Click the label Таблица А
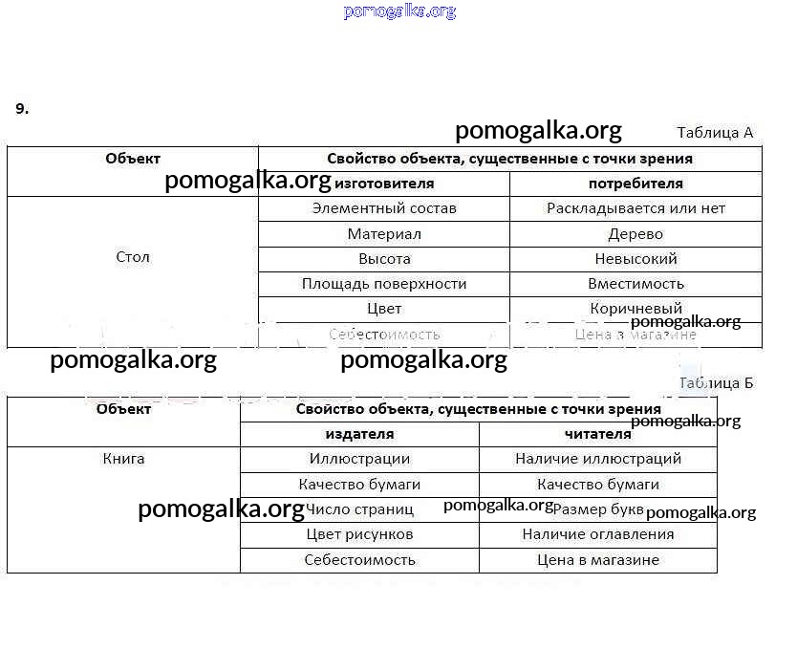[x=715, y=133]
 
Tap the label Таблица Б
[x=716, y=383]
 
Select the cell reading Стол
[x=133, y=257]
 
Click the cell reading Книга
[x=124, y=459]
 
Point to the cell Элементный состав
[x=384, y=208]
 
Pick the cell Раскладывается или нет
[x=635, y=208]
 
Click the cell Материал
[x=384, y=234]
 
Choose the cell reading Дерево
[x=635, y=234]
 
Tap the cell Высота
[x=384, y=259]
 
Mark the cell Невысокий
[x=635, y=259]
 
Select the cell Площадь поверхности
[x=384, y=284]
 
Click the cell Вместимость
[x=635, y=284]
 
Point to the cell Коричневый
[x=635, y=309]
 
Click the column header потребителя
[x=635, y=184]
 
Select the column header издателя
[x=359, y=434]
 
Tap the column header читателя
[x=598, y=434]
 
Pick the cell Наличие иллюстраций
[x=598, y=460]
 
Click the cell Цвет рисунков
[x=359, y=534]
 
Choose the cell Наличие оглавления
[x=598, y=534]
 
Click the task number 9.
[x=22, y=109]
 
